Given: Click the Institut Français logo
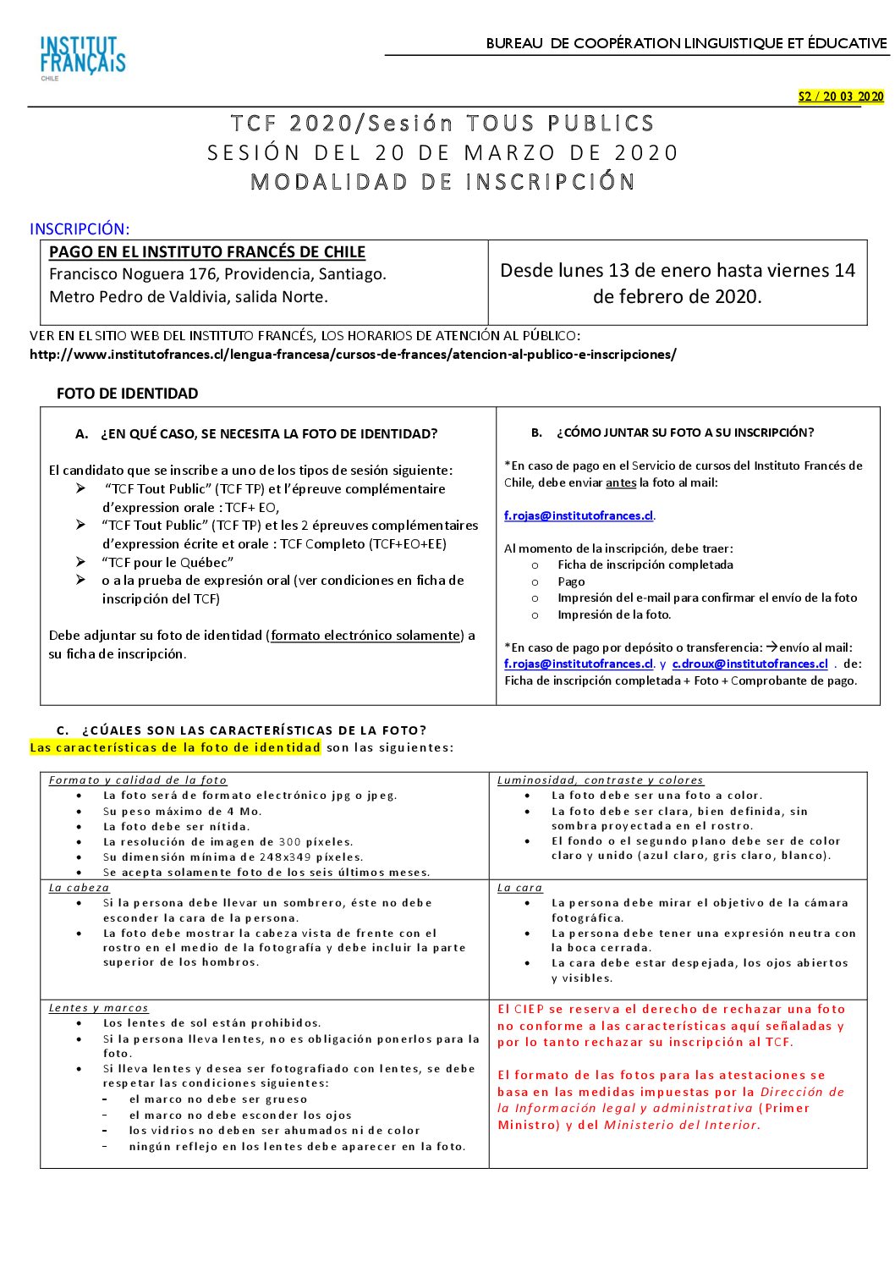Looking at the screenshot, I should pos(82,57).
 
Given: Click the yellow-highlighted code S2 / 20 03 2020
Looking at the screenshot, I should pos(840,96).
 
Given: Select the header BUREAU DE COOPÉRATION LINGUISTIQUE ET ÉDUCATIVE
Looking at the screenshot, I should pos(686,43).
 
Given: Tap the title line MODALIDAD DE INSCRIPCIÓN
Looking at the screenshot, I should pos(442,182).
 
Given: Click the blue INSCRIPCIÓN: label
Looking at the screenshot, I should pos(80,229).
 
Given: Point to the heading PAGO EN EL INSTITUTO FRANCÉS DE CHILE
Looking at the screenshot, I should pos(207,252).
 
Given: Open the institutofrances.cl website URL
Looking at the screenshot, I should pos(353,355).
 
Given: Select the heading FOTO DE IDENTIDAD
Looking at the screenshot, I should pos(127,394).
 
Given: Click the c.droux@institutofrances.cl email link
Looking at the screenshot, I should pos(749,664).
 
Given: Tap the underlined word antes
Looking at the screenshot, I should pos(621,482).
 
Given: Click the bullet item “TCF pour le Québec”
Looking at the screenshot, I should pos(167,562).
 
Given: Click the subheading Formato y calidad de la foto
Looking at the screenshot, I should pos(138,780).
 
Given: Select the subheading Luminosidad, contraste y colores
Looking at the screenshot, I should pos(600,780).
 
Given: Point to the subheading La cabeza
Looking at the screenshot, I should pos(79,888).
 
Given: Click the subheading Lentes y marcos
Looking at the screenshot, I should pos(98,1008).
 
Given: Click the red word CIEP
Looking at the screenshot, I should pos(529,1009).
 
